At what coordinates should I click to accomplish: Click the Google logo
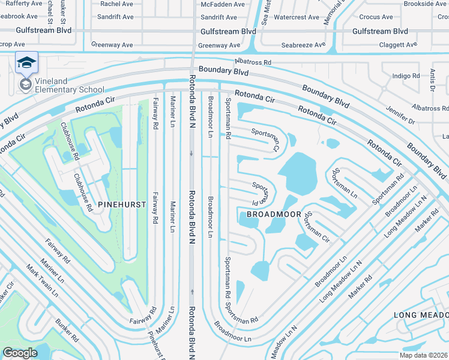[x=20, y=353]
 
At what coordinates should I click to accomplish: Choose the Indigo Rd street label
[x=406, y=76]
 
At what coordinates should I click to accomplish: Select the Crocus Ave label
[x=377, y=17]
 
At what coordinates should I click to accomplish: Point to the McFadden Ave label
[x=223, y=4]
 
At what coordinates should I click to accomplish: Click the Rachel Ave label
[x=116, y=4]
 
